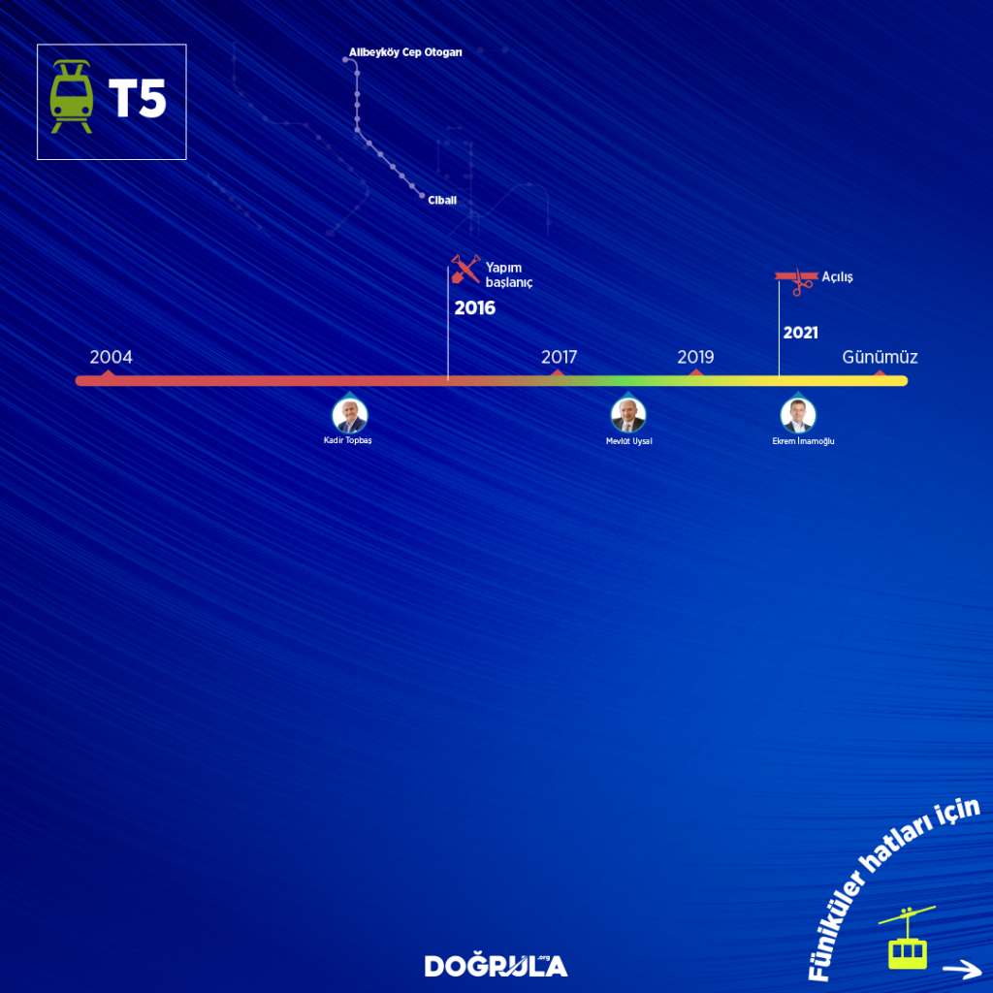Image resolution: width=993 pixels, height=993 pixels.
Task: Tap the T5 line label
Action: pos(138,99)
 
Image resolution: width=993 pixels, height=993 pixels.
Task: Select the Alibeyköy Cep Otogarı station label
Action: pos(405,52)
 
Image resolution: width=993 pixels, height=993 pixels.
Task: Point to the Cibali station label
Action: pos(442,201)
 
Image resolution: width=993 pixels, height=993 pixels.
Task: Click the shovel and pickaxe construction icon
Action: pos(465,270)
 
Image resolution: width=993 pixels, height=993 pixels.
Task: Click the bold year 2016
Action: pos(475,308)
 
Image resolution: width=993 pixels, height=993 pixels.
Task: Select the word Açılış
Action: pos(838,277)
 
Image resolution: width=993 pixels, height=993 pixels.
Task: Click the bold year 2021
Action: pos(800,333)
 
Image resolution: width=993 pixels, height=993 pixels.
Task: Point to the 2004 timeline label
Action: pos(111,357)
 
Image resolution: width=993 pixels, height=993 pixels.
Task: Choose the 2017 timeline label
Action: pos(559,357)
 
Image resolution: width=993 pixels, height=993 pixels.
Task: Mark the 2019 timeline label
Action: pos(695,357)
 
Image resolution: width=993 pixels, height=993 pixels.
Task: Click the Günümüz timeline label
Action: pos(880,357)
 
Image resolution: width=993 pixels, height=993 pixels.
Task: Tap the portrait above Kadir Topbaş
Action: pos(348,415)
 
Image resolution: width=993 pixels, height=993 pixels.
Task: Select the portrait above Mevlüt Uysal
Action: pos(628,415)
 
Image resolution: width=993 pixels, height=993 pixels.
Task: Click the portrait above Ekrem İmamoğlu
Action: pos(797,415)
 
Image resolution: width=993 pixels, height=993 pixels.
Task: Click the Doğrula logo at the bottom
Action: pos(496,965)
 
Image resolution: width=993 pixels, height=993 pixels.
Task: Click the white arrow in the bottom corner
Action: pos(961,968)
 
